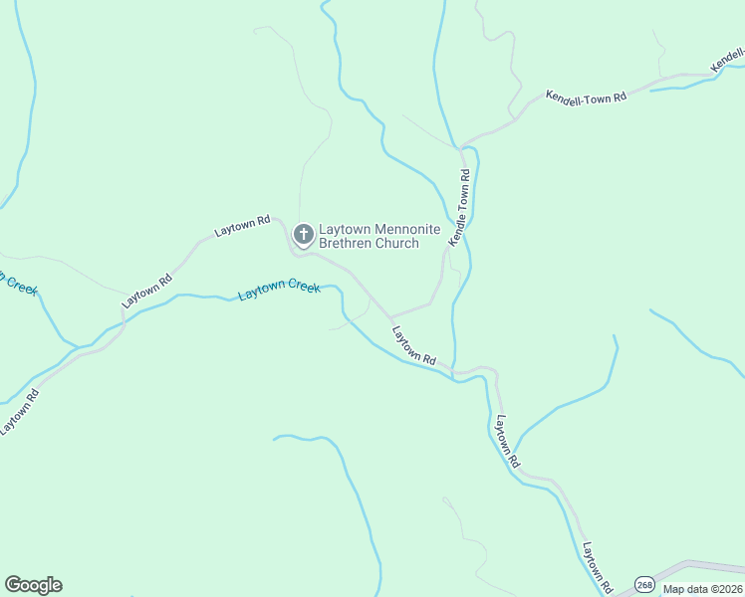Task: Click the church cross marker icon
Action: pos(304,236)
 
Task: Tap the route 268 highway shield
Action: pos(644,585)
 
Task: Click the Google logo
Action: pos(33,585)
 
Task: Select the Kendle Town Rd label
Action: pos(459,208)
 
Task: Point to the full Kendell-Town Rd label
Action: pos(586,98)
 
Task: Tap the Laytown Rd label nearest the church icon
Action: pos(243,227)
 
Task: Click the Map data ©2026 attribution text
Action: pos(702,589)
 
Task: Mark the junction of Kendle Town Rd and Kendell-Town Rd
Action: pos(462,146)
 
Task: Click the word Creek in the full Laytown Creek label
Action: pos(306,288)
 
